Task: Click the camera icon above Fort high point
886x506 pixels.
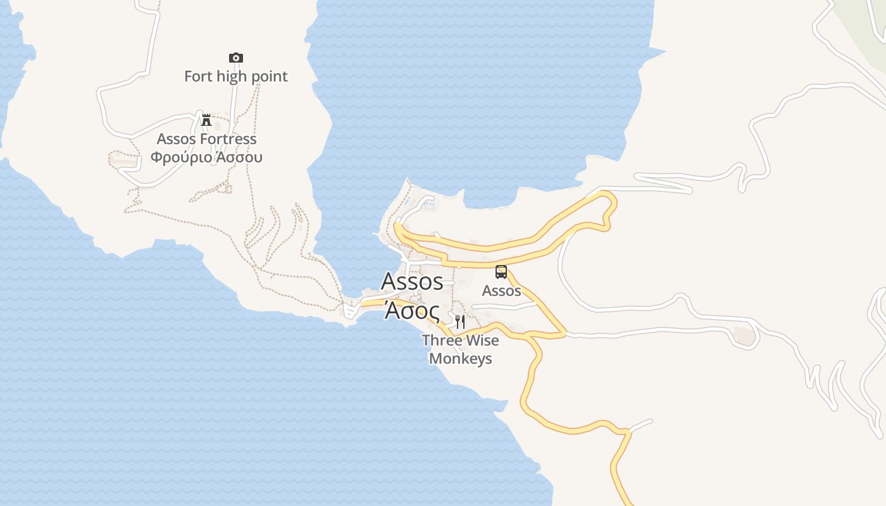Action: click(235, 58)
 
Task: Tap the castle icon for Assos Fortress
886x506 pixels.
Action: click(206, 120)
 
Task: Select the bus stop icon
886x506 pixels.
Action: click(501, 272)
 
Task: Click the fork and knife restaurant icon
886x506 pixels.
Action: click(460, 321)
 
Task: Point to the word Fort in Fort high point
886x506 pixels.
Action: click(198, 77)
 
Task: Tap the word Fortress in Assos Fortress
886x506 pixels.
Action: click(227, 139)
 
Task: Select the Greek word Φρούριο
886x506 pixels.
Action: click(179, 157)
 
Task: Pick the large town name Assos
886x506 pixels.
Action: click(412, 281)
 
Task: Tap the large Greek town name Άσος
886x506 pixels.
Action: click(413, 311)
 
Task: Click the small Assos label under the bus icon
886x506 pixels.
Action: click(501, 291)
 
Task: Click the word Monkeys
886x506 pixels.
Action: click(461, 359)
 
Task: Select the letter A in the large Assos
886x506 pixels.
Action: click(390, 281)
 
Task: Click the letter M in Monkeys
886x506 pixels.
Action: click(435, 359)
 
